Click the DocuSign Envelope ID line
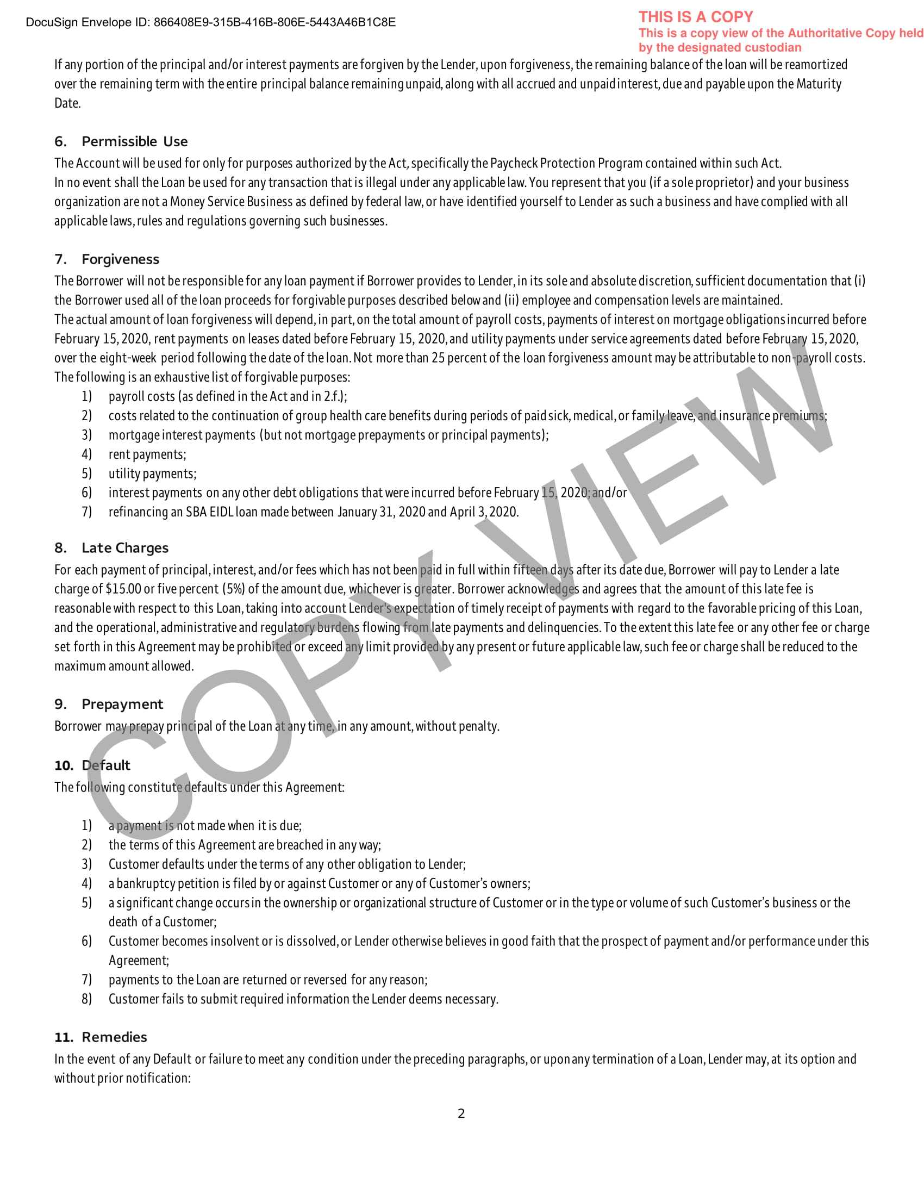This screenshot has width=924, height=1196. point(210,22)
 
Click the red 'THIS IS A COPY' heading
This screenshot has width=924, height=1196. point(695,17)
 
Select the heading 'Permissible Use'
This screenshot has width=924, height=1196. point(134,142)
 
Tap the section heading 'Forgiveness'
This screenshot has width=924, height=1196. point(121,259)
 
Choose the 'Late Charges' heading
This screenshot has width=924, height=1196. point(125,547)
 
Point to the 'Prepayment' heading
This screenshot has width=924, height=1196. point(122,703)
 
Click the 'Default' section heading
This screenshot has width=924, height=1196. point(105,765)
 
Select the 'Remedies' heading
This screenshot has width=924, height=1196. point(114,1037)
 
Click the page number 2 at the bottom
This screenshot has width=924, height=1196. point(461,1113)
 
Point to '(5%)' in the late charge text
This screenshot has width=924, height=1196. point(234,589)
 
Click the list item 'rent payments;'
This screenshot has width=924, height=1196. point(147,454)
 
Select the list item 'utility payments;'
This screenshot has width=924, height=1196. point(152,474)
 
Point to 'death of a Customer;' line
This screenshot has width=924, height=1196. point(162,921)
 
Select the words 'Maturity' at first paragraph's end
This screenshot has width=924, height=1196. point(819,84)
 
